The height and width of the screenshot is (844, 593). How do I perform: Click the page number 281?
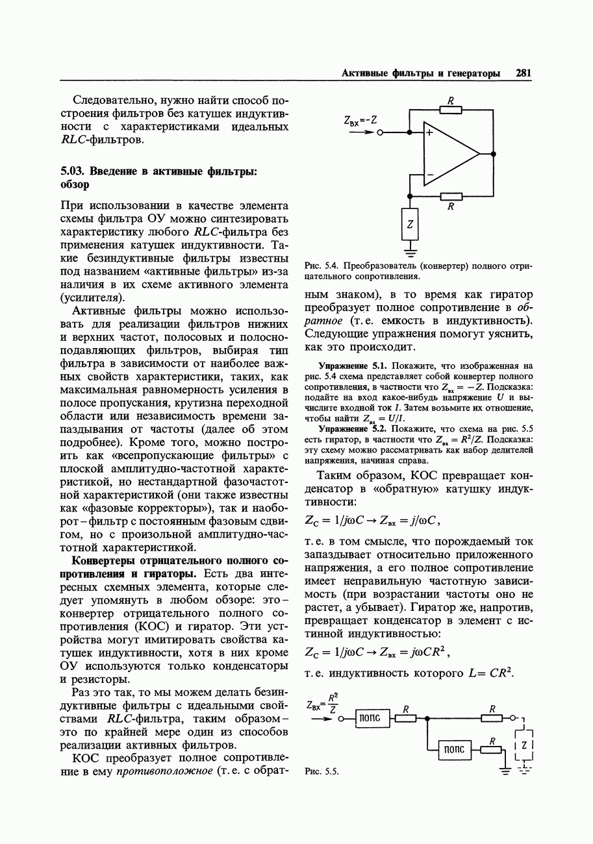click(x=524, y=74)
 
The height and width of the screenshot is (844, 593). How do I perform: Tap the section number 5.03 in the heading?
click(x=73, y=171)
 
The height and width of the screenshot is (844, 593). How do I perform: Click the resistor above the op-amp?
click(x=451, y=110)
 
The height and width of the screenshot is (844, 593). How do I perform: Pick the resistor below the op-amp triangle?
click(x=451, y=196)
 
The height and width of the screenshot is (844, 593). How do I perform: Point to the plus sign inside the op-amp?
click(x=429, y=134)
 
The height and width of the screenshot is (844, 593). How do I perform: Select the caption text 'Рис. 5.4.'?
click(x=322, y=266)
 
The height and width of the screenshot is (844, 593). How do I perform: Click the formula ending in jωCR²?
click(x=377, y=653)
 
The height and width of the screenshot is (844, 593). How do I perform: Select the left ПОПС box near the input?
click(x=372, y=718)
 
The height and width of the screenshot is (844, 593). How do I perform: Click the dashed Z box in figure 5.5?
click(x=525, y=746)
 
